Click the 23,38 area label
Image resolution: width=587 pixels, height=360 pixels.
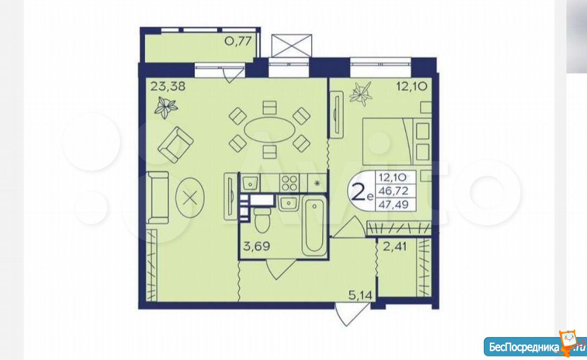(x=168, y=86)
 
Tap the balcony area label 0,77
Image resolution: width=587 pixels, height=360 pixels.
(x=238, y=41)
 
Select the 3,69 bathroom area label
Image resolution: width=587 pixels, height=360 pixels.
(x=256, y=246)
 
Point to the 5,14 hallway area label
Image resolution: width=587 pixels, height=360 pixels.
(x=360, y=295)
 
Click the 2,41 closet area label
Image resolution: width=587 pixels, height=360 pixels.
(x=395, y=247)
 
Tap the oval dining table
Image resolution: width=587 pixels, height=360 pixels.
(x=269, y=129)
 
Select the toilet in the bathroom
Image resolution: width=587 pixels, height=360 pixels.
(x=262, y=220)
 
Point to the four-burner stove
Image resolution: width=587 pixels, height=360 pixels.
(x=289, y=183)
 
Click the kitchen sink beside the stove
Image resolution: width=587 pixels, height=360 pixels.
(x=250, y=183)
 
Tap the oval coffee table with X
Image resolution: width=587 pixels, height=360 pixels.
(x=190, y=197)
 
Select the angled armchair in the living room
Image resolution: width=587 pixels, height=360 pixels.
(x=176, y=145)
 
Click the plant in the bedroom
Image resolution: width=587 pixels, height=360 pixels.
(x=361, y=94)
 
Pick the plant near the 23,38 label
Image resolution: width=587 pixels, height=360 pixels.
(x=166, y=107)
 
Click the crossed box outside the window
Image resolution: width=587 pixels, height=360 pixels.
(x=292, y=45)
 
